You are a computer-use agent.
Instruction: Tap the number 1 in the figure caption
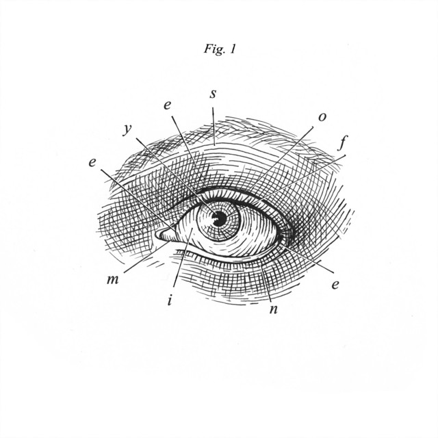point(233,49)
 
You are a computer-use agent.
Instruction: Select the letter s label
point(213,94)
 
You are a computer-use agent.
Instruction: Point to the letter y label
point(127,129)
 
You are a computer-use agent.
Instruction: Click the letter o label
point(322,117)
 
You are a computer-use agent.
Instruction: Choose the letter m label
point(112,280)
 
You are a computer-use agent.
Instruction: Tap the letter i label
point(170,301)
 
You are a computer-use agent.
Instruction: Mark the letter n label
point(274,309)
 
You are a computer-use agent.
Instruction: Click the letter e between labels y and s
point(167,105)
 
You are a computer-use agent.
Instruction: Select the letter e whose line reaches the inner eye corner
point(92,163)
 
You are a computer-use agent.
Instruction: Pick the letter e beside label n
point(335,285)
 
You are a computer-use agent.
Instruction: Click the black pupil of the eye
point(220,218)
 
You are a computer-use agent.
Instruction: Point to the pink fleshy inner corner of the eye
point(165,235)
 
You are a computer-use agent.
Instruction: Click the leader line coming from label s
point(214,126)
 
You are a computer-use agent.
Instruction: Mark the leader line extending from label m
point(146,257)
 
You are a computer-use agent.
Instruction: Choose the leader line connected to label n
point(266,283)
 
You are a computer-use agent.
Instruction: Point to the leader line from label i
point(182,258)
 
